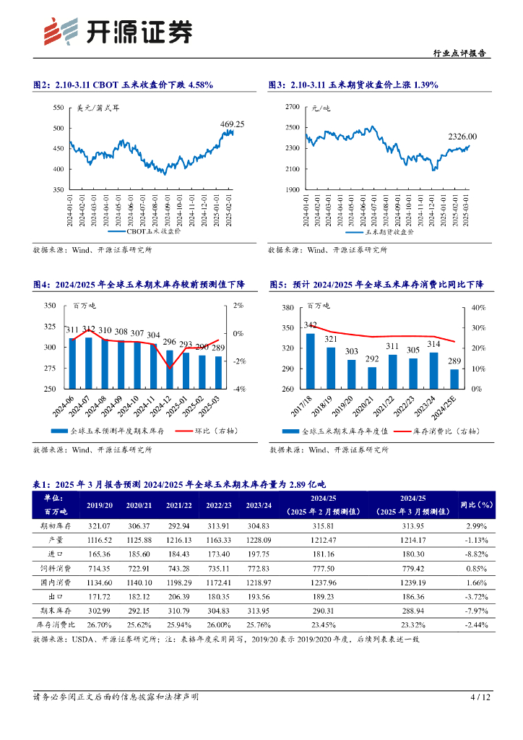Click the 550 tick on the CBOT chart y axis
pos(59,108)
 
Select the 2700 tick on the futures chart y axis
pos(292,107)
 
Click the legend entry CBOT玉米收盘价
pos(152,233)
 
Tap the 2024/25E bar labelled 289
pos(454,379)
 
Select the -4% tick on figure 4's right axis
pos(239,389)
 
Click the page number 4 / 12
pos(480,697)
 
